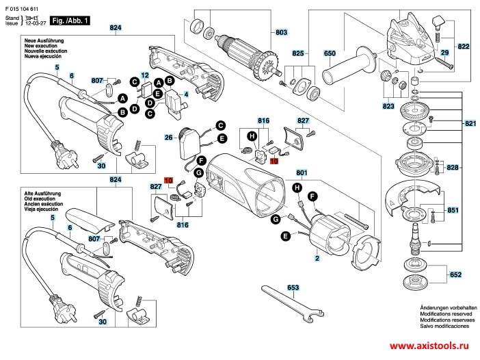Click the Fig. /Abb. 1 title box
coord(70,21)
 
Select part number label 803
coord(281,32)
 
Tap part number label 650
coord(330,53)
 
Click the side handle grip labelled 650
coord(349,67)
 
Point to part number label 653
coord(293,287)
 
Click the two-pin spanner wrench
coord(293,303)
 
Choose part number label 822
coord(464,47)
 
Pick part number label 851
coord(453,210)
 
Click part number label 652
coord(455,274)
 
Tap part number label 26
coord(168,138)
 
